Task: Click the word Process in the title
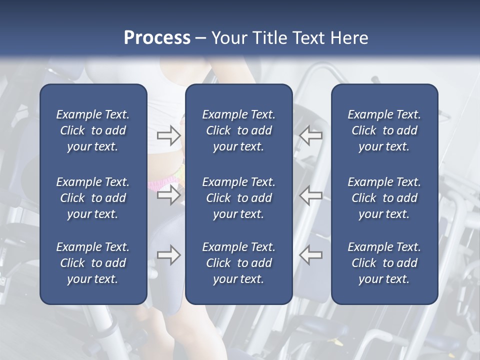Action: [x=157, y=38]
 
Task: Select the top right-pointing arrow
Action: [x=168, y=135]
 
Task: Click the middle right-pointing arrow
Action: [x=168, y=195]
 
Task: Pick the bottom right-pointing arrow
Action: [x=168, y=255]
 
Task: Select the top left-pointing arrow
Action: [x=311, y=135]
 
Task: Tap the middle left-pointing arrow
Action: [x=311, y=195]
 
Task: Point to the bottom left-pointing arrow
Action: [x=311, y=255]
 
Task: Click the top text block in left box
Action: [x=93, y=130]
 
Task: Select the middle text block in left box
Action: [x=93, y=198]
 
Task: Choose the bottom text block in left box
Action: [x=93, y=263]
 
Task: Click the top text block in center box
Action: [x=238, y=130]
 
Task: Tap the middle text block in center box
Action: [x=238, y=198]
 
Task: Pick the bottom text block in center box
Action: [x=238, y=263]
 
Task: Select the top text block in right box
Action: [x=384, y=130]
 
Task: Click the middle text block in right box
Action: [x=384, y=198]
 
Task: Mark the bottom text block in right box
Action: [x=384, y=263]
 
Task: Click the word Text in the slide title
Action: [x=307, y=38]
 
